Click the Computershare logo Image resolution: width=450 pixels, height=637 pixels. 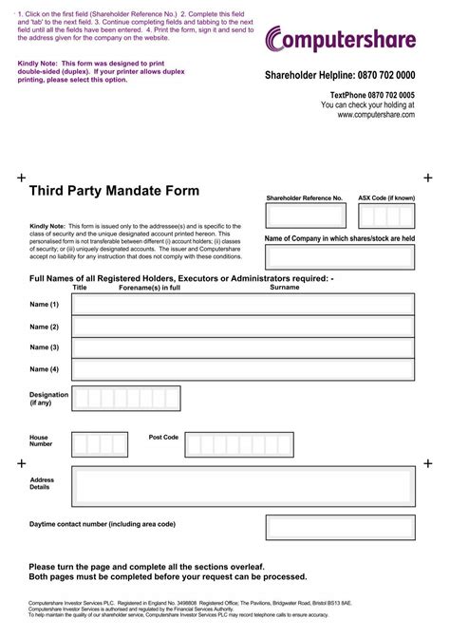[x=341, y=39]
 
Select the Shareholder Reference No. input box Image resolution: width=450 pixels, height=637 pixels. [x=305, y=216]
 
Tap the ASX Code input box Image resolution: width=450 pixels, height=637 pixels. [x=386, y=216]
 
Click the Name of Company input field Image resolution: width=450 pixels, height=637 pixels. [x=340, y=257]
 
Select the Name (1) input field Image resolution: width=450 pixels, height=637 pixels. [x=243, y=305]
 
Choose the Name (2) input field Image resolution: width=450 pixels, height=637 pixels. [x=243, y=327]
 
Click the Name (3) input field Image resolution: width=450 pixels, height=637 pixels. [x=243, y=348]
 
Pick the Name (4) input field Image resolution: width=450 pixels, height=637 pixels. [x=243, y=369]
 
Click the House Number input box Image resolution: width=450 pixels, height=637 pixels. [x=100, y=444]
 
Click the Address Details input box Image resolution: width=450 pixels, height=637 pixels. [x=243, y=486]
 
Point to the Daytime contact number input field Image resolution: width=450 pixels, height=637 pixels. [x=340, y=527]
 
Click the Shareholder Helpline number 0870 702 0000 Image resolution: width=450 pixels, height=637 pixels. [x=340, y=76]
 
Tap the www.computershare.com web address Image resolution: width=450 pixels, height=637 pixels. [x=375, y=115]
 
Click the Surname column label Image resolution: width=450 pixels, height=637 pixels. [x=285, y=287]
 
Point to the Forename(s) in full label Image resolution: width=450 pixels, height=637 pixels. [x=149, y=287]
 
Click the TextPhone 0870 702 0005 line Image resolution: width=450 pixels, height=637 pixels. [x=372, y=95]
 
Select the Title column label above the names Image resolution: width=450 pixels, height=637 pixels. [x=80, y=287]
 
